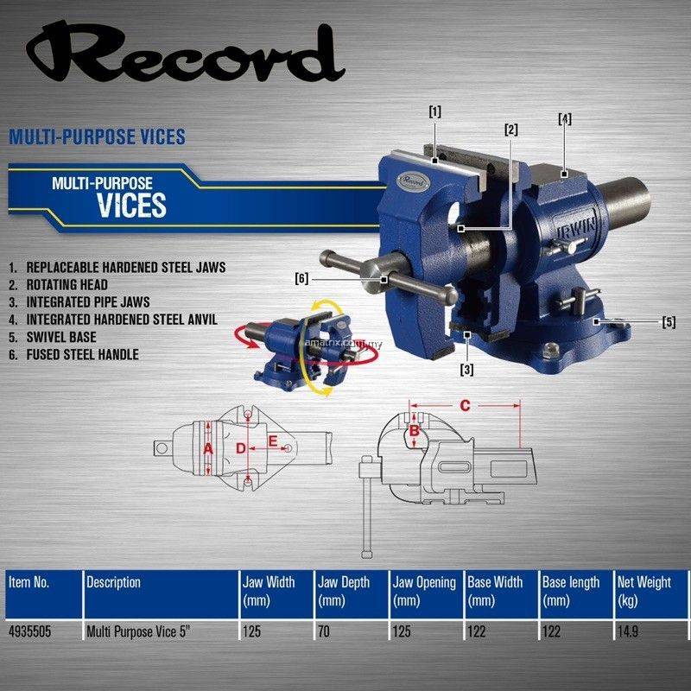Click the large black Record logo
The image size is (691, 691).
[x=185, y=53]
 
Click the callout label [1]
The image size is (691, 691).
[x=435, y=112]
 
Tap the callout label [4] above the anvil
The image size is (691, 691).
[x=565, y=119]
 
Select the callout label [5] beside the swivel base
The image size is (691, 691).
[x=669, y=322]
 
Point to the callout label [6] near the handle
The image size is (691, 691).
[x=301, y=279]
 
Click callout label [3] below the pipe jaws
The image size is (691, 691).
[x=467, y=370]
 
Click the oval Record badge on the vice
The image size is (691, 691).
[x=413, y=181]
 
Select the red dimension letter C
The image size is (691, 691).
[x=465, y=405]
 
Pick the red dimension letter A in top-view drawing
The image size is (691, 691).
[x=208, y=449]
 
